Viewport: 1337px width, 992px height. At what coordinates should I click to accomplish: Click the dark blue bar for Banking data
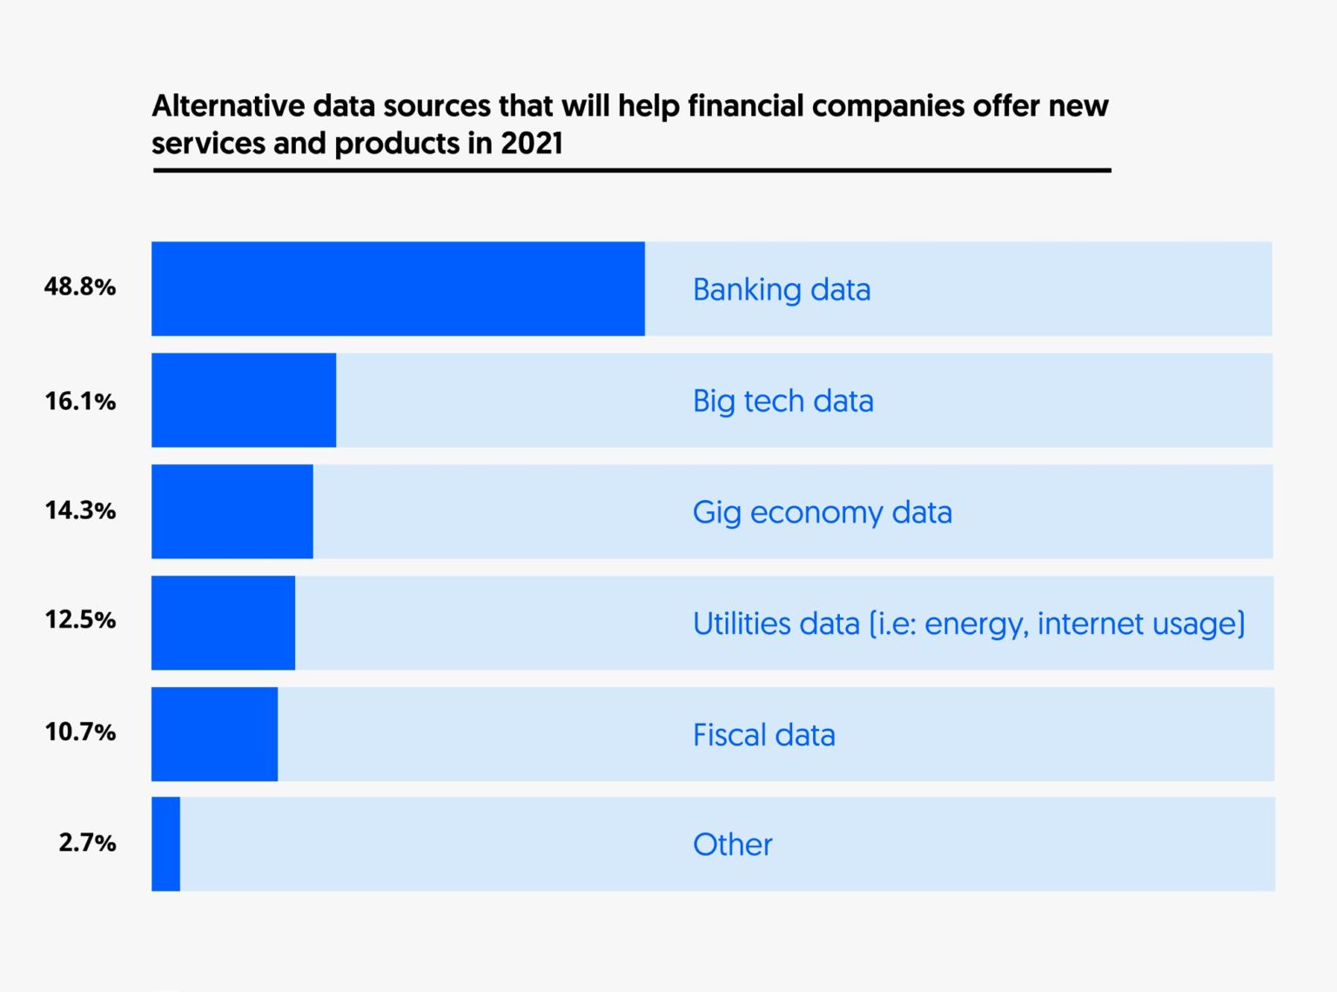click(x=398, y=288)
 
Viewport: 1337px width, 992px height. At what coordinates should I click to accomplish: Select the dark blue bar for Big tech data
click(x=244, y=400)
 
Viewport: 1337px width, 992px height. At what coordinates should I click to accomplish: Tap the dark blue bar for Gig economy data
click(x=232, y=511)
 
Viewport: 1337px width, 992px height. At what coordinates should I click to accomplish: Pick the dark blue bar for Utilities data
click(x=223, y=623)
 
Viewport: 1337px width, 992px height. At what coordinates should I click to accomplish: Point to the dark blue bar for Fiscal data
click(x=214, y=734)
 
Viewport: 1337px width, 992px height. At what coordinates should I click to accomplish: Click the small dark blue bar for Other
click(x=165, y=844)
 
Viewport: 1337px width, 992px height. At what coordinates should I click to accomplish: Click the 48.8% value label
click(x=80, y=287)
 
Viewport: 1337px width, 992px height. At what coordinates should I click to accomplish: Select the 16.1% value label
click(x=80, y=402)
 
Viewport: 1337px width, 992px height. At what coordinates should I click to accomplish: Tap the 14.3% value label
click(x=80, y=510)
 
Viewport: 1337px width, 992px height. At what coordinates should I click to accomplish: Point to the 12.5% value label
click(x=80, y=620)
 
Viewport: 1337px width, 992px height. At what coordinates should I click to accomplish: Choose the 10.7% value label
click(x=80, y=732)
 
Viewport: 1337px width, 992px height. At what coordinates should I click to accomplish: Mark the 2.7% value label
click(x=87, y=842)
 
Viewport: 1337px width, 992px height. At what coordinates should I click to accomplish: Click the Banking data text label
click(x=781, y=290)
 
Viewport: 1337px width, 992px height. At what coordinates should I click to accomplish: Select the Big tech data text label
click(x=783, y=402)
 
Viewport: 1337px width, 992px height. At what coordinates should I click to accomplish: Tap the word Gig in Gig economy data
click(x=716, y=513)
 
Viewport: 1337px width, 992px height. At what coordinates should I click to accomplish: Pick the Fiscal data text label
click(x=763, y=735)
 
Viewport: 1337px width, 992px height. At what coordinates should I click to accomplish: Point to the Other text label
click(x=732, y=845)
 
